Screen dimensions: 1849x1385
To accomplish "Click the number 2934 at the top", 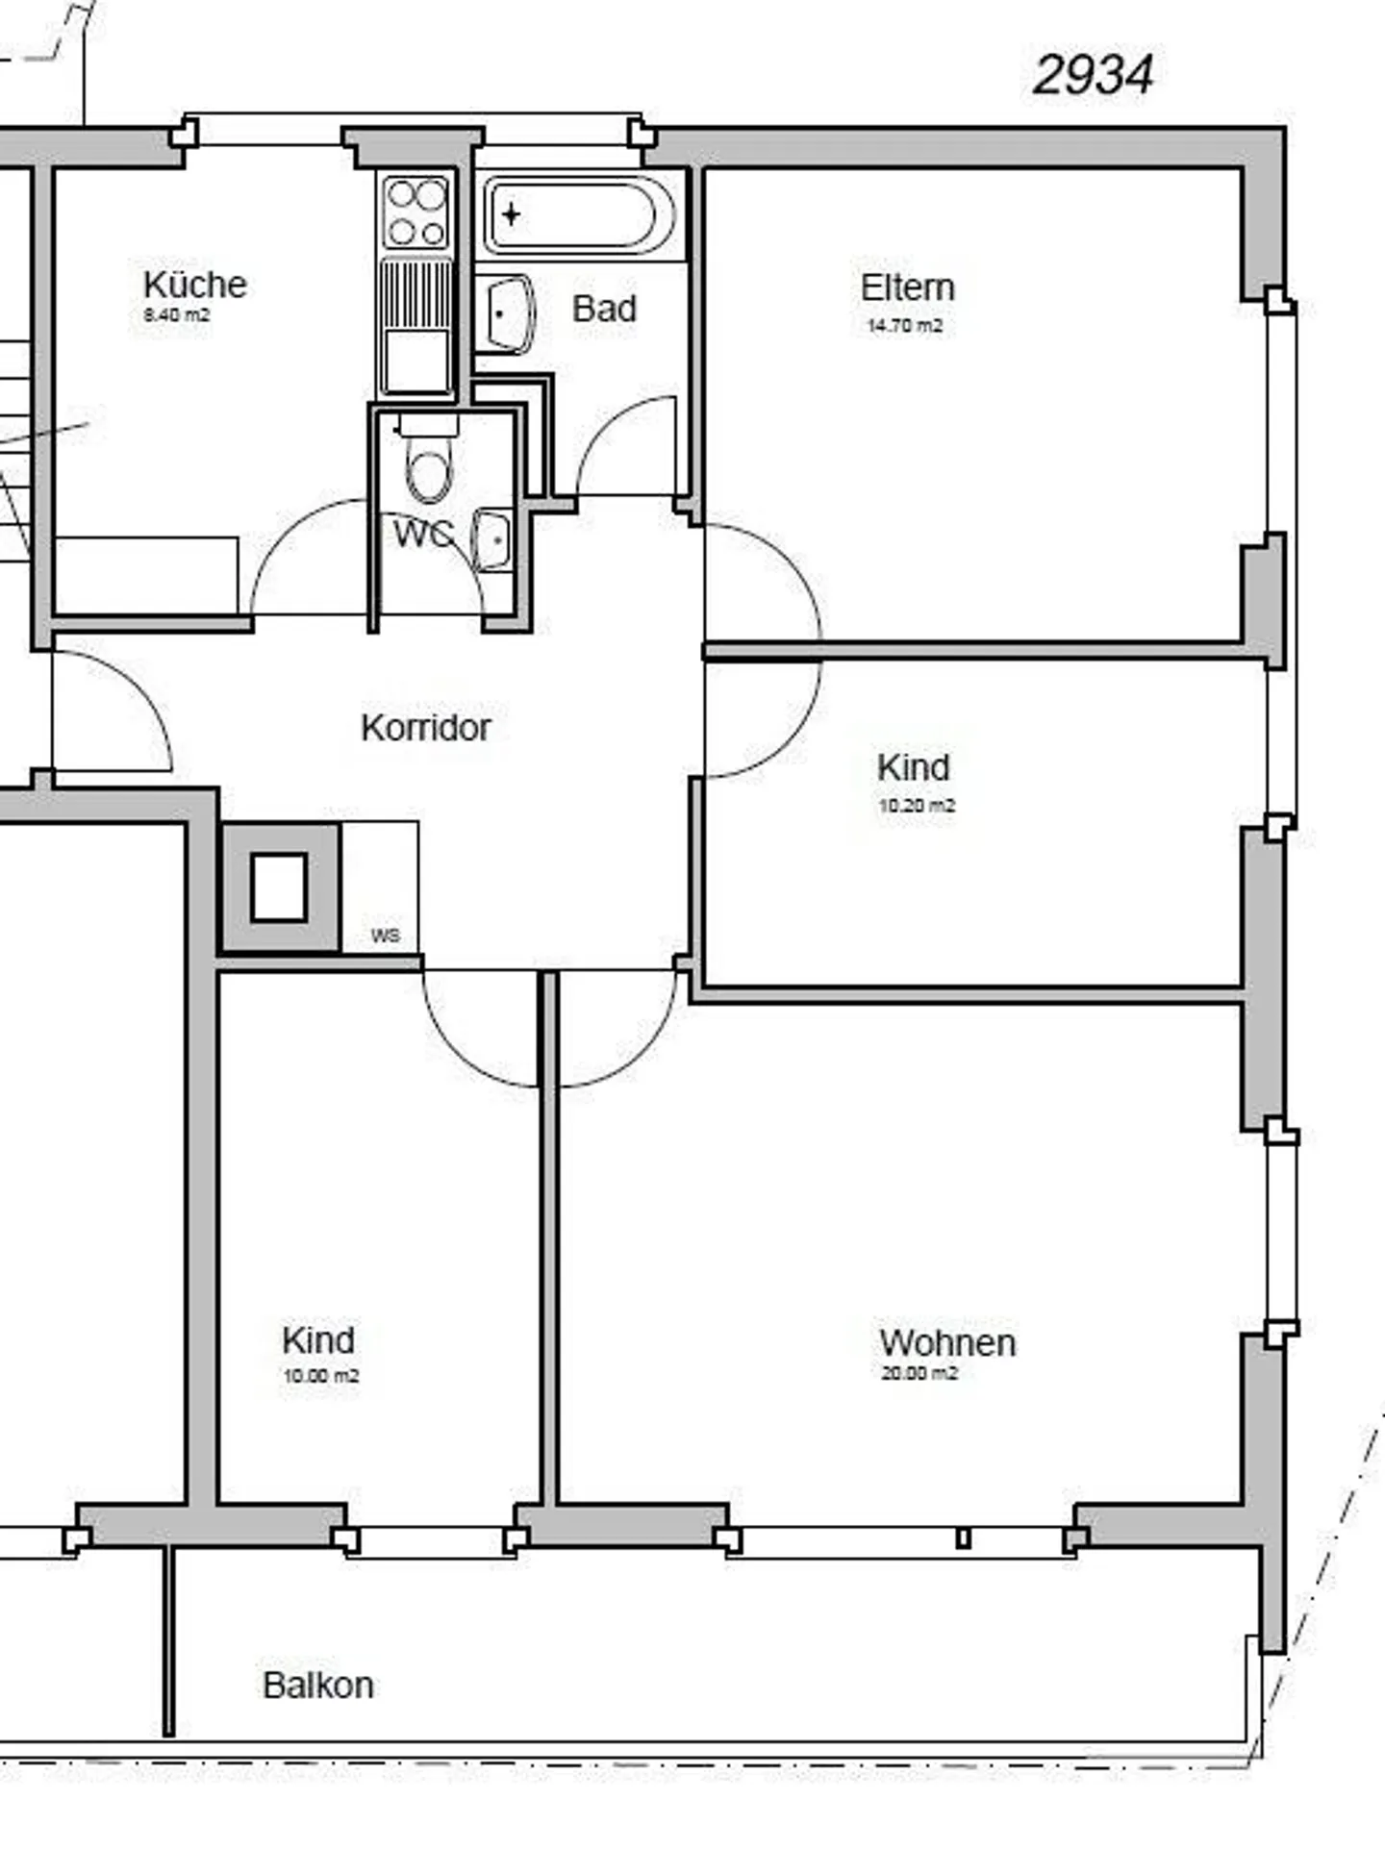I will [x=1092, y=75].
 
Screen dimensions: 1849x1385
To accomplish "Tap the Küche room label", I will [x=195, y=285].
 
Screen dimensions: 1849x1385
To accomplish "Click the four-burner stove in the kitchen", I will [x=416, y=212].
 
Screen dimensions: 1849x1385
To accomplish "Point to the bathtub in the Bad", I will [x=574, y=214].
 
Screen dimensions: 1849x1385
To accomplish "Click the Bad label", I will [x=604, y=309].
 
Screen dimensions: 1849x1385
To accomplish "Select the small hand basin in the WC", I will [x=493, y=541].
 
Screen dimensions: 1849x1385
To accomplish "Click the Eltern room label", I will [x=907, y=287].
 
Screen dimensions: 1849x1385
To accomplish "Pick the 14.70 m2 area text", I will [x=904, y=326].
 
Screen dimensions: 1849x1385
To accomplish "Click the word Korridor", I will [x=425, y=728].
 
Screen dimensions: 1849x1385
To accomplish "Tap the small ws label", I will [x=385, y=936].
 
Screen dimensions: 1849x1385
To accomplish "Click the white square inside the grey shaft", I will [x=279, y=887].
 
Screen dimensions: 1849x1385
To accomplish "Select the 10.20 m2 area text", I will [x=917, y=806].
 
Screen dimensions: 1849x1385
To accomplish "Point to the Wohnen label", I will [x=947, y=1343].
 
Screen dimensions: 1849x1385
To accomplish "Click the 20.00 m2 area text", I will [x=919, y=1373].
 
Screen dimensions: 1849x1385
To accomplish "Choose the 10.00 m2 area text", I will [x=320, y=1376].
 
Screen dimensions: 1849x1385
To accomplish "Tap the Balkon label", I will [x=318, y=1686].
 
